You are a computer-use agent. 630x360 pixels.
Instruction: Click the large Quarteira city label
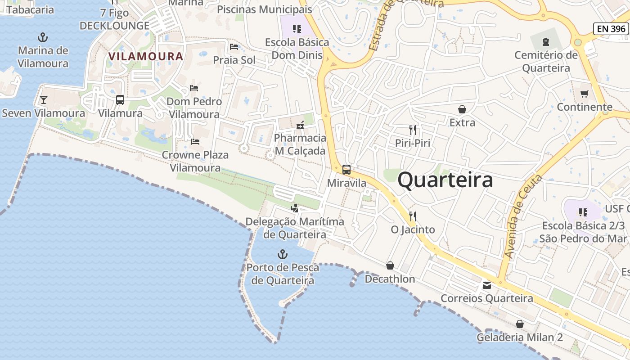445,180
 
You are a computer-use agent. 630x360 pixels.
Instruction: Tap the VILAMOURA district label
146,57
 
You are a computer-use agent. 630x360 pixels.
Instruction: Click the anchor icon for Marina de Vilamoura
43,37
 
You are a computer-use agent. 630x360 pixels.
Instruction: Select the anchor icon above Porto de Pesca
282,254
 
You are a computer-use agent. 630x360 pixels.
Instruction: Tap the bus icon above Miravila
346,170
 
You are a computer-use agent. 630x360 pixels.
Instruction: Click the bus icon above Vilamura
120,99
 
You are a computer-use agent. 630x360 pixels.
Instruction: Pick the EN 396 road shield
611,29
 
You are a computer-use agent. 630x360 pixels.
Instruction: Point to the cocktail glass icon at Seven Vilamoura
44,99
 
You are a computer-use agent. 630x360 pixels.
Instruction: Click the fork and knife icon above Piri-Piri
413,130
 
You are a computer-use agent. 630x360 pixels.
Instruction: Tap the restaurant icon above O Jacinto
413,216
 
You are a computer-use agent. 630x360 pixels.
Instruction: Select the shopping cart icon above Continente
584,94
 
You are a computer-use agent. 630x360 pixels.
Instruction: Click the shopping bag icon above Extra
462,109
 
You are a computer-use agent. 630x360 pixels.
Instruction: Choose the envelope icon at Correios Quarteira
486,285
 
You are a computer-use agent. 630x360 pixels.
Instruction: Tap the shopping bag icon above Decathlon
390,265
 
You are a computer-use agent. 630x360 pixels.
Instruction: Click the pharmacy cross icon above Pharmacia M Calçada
300,125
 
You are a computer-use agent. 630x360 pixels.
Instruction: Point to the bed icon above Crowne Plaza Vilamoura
195,141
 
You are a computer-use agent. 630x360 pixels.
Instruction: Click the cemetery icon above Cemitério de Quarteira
546,42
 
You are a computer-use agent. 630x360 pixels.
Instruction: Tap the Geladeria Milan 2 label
520,337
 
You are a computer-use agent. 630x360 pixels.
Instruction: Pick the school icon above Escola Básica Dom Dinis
297,29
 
